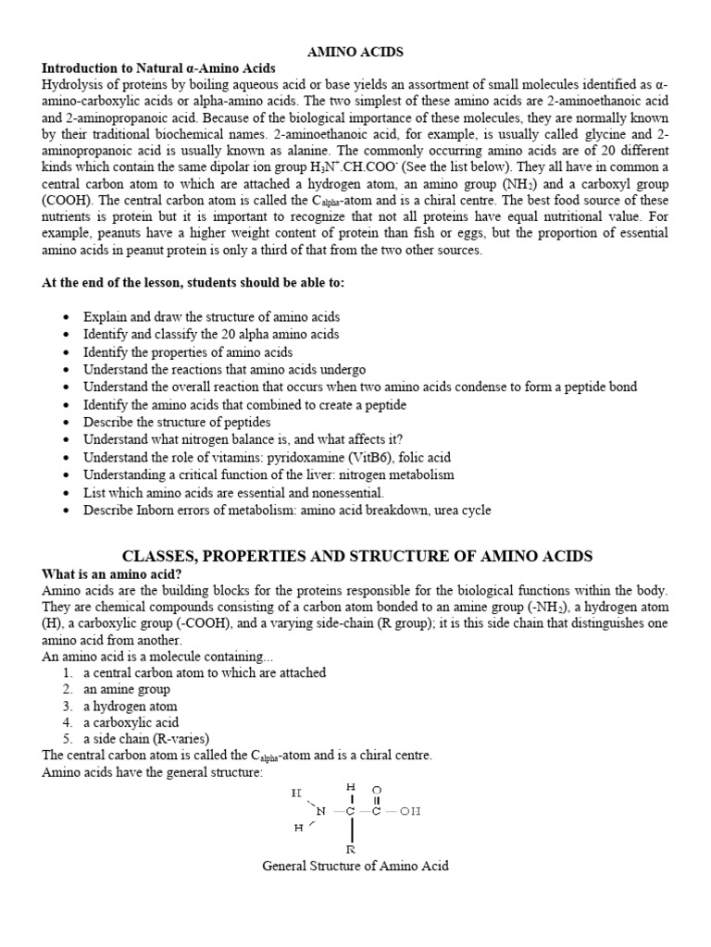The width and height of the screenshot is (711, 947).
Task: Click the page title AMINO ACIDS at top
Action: point(355,52)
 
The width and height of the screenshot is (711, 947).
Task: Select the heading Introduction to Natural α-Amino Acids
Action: point(158,68)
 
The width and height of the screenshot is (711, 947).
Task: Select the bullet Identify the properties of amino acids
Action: point(188,352)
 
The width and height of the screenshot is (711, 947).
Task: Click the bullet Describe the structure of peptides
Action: point(181,423)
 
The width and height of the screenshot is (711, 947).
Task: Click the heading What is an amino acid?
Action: point(110,573)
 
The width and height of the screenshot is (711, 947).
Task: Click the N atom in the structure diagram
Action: point(321,811)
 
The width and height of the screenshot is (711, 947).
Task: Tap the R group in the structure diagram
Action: point(350,848)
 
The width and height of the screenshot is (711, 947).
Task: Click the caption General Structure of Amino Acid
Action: point(355,867)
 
